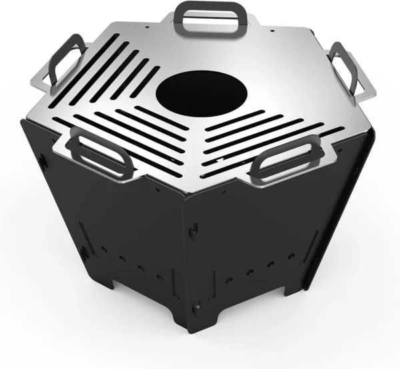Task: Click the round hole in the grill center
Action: [x=190, y=93]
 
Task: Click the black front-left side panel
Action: [x=120, y=226]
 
